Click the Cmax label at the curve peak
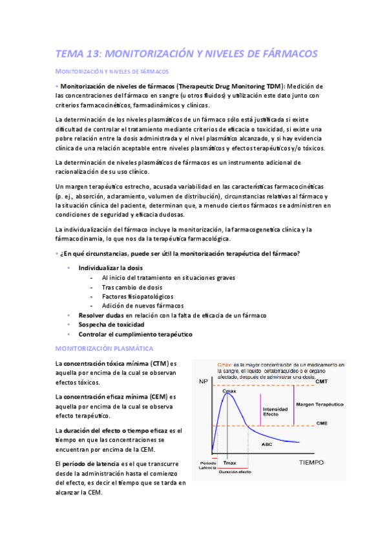click(x=229, y=392)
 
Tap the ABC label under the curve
click(x=266, y=444)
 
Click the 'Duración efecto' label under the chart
click(x=235, y=472)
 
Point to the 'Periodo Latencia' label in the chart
click(x=208, y=466)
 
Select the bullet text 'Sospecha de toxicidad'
click(x=111, y=324)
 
